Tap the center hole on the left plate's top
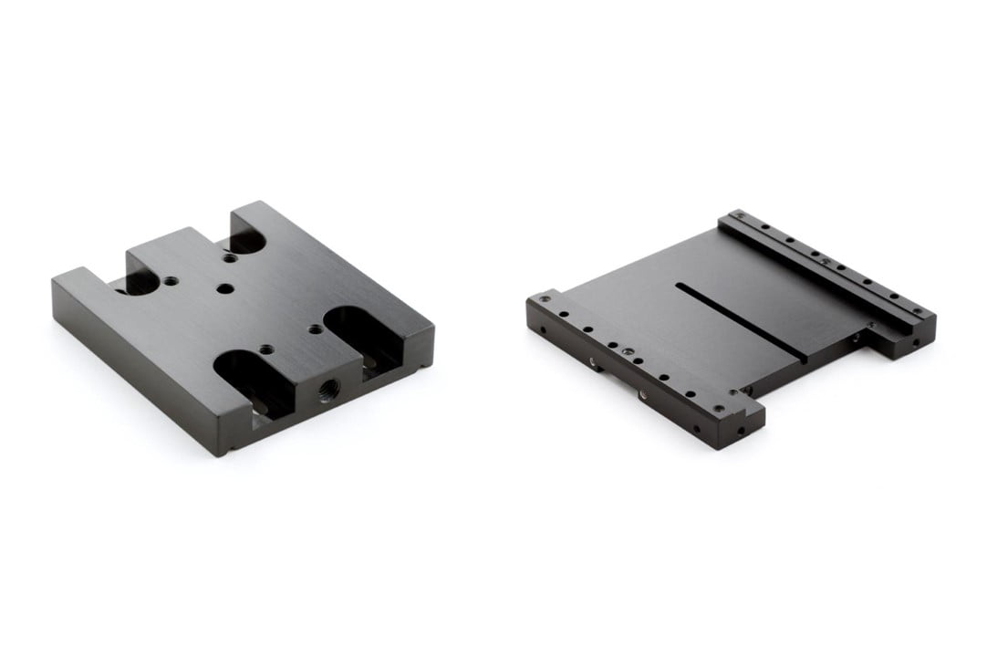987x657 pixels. tap(225, 288)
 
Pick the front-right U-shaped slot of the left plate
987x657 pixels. tap(358, 330)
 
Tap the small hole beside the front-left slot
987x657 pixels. tap(265, 349)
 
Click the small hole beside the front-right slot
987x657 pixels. tap(315, 328)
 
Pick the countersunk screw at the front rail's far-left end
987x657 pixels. tap(545, 297)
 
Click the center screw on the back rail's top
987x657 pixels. tap(825, 262)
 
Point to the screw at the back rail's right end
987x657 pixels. tap(918, 312)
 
